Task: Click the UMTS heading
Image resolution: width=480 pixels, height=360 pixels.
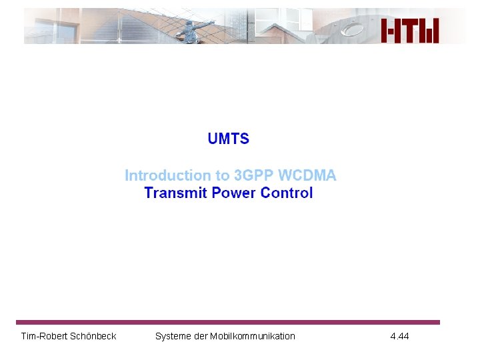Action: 228,139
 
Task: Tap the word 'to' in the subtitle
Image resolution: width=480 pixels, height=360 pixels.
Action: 222,175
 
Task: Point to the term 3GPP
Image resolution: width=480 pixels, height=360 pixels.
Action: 253,175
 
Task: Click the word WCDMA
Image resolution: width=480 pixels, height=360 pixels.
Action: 307,175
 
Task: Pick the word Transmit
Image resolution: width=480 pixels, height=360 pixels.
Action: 175,193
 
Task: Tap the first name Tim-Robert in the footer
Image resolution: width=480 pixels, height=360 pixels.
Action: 43,336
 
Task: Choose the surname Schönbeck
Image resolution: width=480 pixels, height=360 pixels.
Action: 93,336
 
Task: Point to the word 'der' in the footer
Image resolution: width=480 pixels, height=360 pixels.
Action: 201,336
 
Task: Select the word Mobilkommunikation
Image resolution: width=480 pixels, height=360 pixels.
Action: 253,336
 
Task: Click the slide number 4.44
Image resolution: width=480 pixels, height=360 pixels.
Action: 399,336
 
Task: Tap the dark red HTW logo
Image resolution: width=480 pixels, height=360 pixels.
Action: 410,31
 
